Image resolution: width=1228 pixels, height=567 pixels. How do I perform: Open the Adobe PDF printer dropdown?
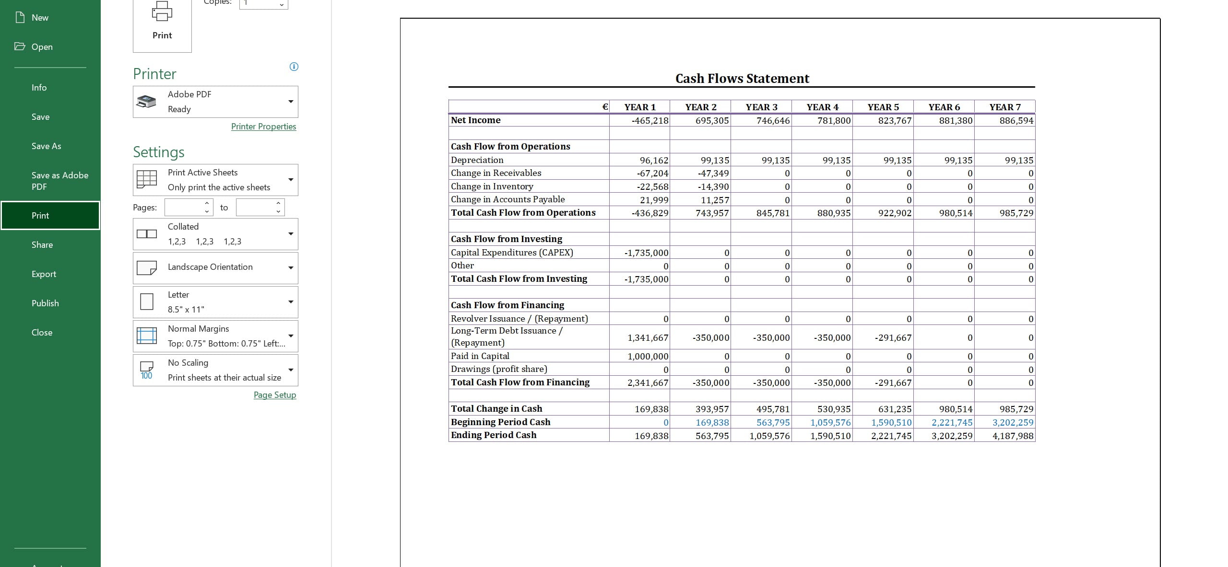coord(215,102)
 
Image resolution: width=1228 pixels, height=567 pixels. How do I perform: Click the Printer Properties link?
coord(263,127)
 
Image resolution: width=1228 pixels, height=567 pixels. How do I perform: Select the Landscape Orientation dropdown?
coord(215,267)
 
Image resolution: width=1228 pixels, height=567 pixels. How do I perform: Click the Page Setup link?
coord(275,395)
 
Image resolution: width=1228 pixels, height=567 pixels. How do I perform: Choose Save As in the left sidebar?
coord(46,146)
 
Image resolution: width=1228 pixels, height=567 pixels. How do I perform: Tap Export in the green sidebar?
coord(44,274)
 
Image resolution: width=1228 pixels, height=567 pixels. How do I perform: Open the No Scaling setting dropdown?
coord(215,370)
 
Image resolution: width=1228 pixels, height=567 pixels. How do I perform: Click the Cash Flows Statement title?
coord(742,79)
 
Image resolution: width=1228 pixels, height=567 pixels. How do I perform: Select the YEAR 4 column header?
coord(822,107)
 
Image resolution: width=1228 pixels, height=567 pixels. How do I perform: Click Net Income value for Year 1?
coord(649,121)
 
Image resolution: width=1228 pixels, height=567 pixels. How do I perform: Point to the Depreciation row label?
coord(477,160)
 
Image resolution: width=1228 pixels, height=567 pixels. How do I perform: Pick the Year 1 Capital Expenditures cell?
coord(646,253)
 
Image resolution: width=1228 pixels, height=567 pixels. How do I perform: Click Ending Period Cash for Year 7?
coord(1013,436)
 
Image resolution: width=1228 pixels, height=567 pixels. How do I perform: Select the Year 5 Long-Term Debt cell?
coord(893,338)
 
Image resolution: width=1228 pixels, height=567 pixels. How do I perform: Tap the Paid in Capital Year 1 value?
coord(648,357)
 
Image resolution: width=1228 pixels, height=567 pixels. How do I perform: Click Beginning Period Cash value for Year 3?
coord(773,423)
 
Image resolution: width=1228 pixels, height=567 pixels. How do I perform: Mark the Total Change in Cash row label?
coord(496,409)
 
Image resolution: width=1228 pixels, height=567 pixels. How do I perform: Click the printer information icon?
coord(294,67)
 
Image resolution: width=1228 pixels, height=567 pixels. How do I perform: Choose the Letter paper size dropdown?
coord(215,302)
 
